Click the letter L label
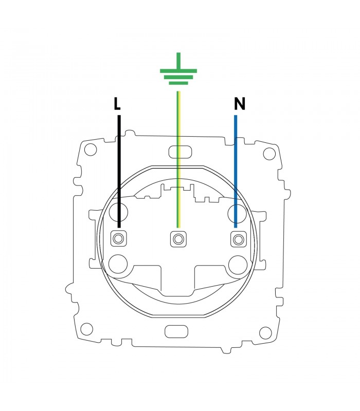pyautogui.click(x=117, y=104)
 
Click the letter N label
pyautogui.click(x=239, y=104)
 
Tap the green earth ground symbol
pyautogui.click(x=178, y=69)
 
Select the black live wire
pyautogui.click(x=119, y=172)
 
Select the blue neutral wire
pyautogui.click(x=236, y=172)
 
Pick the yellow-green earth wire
pyautogui.click(x=178, y=159)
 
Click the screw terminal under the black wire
pyautogui.click(x=118, y=239)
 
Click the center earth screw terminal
pyautogui.click(x=178, y=239)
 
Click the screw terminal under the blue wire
pyautogui.click(x=239, y=239)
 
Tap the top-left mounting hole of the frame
pyautogui.click(x=91, y=149)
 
